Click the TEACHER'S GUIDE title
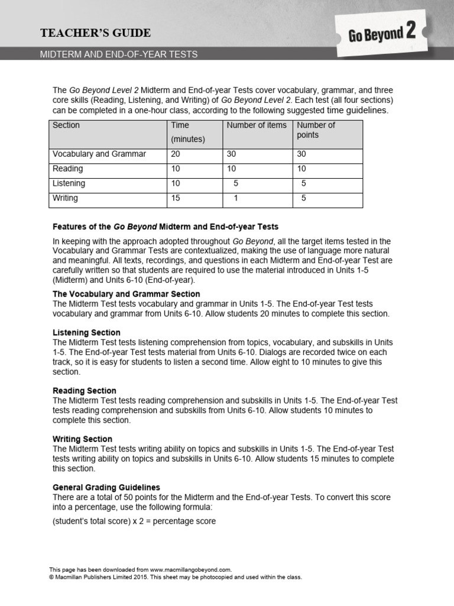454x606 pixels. pos(95,33)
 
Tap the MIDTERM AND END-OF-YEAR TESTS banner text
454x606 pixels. pos(119,54)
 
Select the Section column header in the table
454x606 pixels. pos(66,125)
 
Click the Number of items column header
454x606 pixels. pos(257,125)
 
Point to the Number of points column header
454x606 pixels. pos(316,130)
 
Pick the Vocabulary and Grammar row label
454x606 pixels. pos(99,154)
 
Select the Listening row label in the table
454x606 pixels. pos(69,183)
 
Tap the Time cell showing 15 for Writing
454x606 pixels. pos(176,198)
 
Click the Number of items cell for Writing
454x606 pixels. pos(236,198)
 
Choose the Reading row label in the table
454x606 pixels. pos(68,169)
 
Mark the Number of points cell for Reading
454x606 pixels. pos(303,169)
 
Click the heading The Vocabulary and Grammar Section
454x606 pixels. pos(127,294)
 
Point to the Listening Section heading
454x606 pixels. pos(86,333)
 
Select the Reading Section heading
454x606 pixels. pos(85,391)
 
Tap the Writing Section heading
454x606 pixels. pos(82,439)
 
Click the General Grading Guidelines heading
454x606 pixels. pos(106,488)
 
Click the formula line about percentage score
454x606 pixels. pos(134,521)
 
